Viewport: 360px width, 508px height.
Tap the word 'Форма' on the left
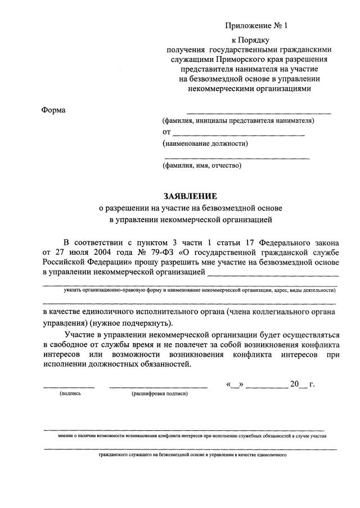coord(53,110)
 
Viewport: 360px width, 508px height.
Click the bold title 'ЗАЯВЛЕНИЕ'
coord(190,196)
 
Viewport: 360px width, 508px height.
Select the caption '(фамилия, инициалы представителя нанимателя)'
coord(238,120)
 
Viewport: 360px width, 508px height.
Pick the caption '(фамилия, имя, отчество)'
coord(201,165)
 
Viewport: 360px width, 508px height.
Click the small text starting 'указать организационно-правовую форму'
coord(200,290)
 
